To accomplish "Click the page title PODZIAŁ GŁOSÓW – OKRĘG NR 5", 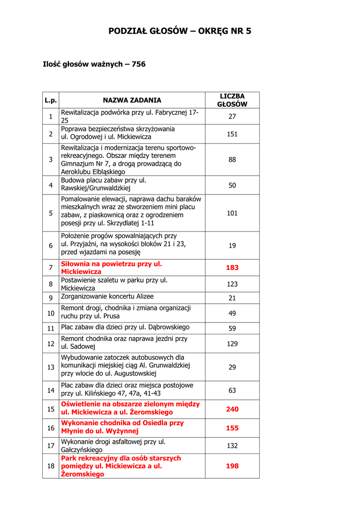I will (180, 31).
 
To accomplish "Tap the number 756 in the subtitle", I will (139, 64).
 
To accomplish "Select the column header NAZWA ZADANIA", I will (132, 100).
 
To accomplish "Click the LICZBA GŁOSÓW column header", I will (232, 100).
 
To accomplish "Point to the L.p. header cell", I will (51, 100).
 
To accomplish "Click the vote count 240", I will (232, 409).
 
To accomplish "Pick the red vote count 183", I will (232, 267).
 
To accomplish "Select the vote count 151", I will (232, 134).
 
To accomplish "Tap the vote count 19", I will (232, 246).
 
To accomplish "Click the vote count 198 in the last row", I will (232, 466).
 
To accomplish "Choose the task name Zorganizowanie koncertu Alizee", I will (107, 297).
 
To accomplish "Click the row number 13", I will (51, 367).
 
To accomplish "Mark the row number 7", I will (51, 268).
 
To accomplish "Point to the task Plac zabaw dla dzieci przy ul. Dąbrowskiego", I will (125, 327).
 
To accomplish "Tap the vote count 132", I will (232, 446).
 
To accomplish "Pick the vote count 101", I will (232, 213).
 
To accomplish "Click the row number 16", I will (51, 428).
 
